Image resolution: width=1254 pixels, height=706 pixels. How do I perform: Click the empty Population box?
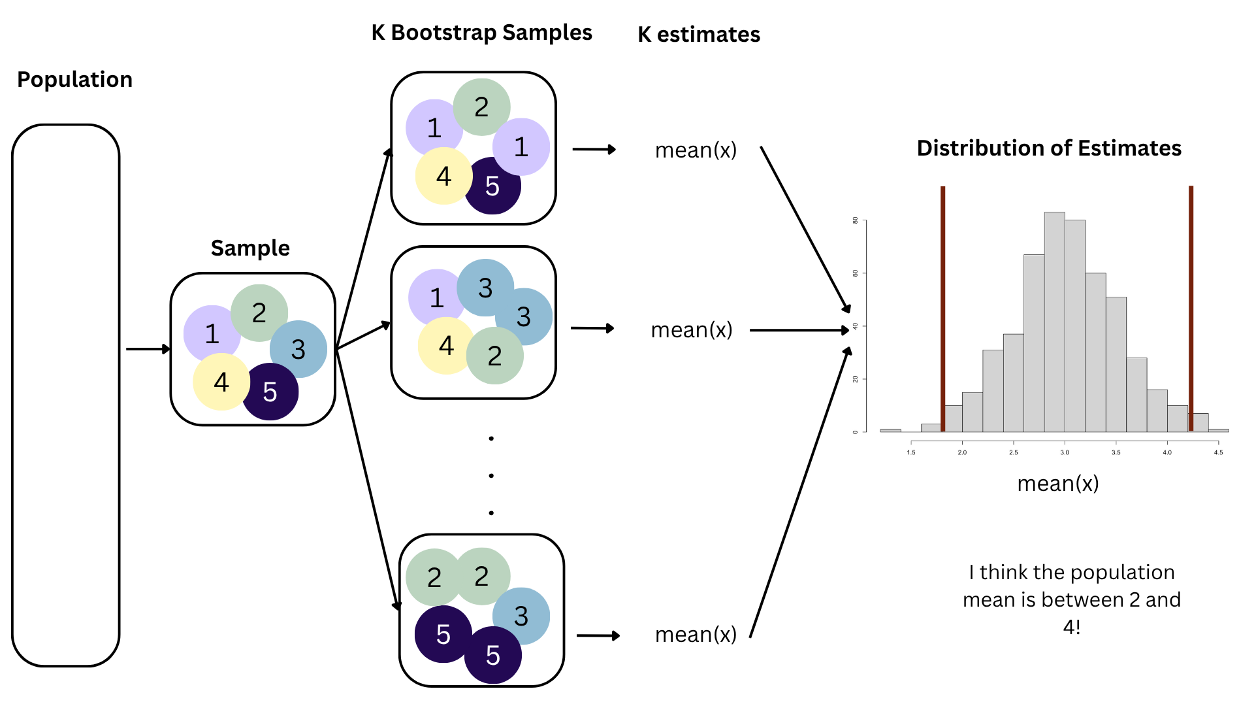click(66, 395)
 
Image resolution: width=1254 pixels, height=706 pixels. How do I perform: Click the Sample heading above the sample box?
click(250, 248)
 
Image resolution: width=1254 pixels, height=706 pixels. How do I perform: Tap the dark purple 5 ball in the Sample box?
click(270, 392)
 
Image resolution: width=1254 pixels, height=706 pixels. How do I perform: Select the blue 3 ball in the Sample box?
click(299, 349)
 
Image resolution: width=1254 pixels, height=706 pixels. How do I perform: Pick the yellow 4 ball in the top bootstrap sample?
click(443, 176)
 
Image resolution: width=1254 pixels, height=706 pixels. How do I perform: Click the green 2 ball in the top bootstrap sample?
click(481, 107)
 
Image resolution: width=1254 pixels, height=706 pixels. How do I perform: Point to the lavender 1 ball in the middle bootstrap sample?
click(436, 297)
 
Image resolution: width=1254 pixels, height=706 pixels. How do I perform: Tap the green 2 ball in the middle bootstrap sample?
click(495, 356)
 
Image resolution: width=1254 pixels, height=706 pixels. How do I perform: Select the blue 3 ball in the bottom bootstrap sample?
click(522, 615)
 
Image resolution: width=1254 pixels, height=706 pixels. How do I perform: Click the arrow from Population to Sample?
click(148, 349)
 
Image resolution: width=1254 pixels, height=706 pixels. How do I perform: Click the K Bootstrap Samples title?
click(481, 33)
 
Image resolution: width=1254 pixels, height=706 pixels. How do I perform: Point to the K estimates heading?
click(699, 35)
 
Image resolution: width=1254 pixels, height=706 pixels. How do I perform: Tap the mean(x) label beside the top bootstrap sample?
click(696, 150)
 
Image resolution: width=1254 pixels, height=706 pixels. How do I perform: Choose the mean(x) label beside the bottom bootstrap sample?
click(696, 635)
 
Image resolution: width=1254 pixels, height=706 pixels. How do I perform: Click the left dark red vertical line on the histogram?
click(942, 307)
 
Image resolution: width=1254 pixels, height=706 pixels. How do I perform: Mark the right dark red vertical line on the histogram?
click(1191, 307)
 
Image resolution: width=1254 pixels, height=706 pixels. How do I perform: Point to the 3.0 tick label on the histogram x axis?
click(1065, 452)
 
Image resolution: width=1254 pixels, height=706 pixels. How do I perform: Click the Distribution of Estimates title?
click(1049, 148)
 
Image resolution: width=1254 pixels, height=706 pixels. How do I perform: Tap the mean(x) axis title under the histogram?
click(1058, 484)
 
